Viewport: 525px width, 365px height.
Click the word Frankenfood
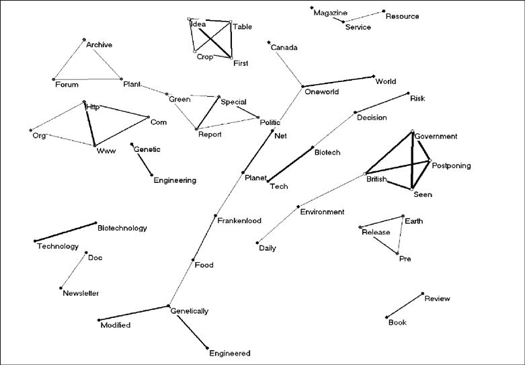click(x=239, y=220)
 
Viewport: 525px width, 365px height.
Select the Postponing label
click(x=451, y=165)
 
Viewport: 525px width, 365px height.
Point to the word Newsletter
click(x=81, y=293)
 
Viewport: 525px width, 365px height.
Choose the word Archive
click(x=99, y=45)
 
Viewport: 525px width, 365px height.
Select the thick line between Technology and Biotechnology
click(x=66, y=231)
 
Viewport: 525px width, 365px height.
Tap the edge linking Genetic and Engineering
click(x=142, y=159)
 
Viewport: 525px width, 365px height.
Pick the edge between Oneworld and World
click(x=338, y=82)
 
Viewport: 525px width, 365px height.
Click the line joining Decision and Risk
click(x=381, y=103)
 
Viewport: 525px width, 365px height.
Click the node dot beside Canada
click(x=269, y=42)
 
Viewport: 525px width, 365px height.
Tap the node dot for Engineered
click(x=208, y=348)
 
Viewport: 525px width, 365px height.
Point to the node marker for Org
click(x=31, y=130)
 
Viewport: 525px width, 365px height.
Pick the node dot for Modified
click(x=99, y=320)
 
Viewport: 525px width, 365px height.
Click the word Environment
click(x=322, y=212)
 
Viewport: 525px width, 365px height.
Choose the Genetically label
click(x=190, y=311)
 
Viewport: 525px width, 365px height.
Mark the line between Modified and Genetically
click(x=134, y=313)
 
